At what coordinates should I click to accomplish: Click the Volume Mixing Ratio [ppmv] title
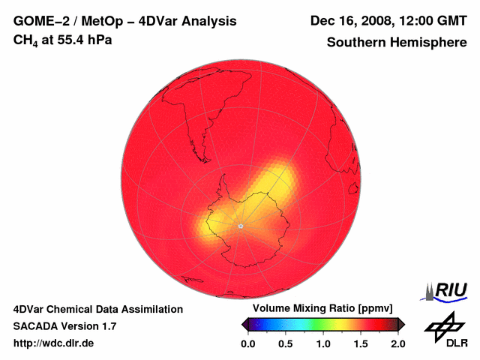pos(322,309)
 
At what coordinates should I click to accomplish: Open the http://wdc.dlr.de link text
pos(54,343)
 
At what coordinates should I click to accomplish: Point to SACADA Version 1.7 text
pos(64,326)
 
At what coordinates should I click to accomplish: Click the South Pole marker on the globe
pos(240,226)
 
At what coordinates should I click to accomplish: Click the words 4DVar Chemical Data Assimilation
pos(97,309)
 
